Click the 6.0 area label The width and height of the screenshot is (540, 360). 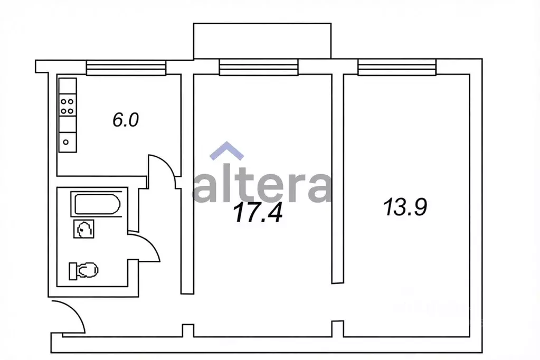pos(126,120)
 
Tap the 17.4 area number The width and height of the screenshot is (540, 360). pos(258,213)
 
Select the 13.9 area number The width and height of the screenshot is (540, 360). pos(405,207)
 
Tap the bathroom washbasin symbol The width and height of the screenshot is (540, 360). pos(84,229)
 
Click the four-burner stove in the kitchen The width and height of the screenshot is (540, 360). pos(68,106)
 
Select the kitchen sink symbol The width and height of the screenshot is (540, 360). pos(68,142)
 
